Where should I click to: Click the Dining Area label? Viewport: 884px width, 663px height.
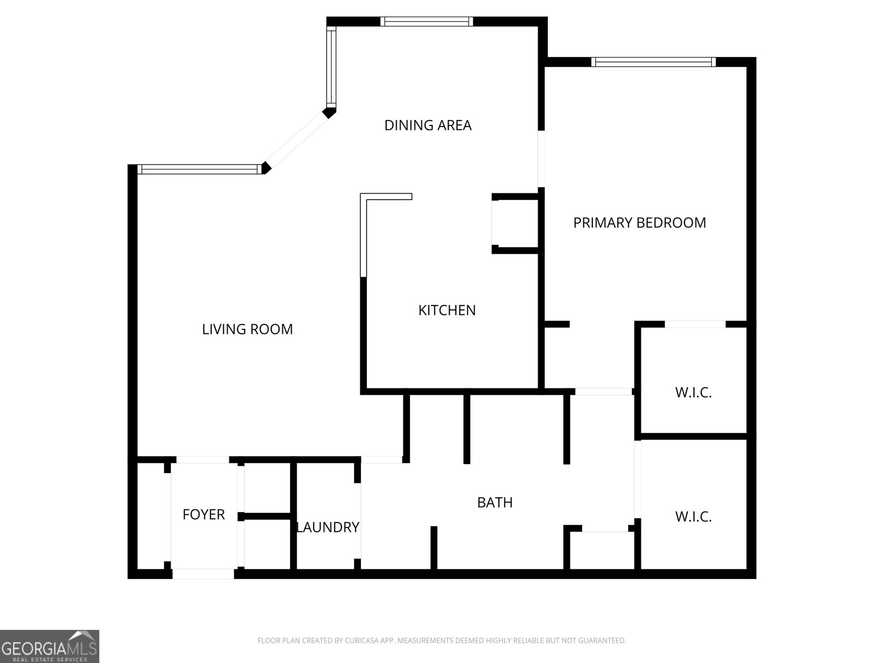point(428,125)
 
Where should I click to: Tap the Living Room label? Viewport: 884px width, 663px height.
point(247,329)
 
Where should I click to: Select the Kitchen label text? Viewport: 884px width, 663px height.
point(446,310)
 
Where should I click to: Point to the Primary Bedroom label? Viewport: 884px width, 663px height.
point(639,223)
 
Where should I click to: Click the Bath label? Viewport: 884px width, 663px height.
point(494,502)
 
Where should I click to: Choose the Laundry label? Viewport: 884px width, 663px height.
point(328,527)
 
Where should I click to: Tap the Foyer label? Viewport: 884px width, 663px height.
point(203,514)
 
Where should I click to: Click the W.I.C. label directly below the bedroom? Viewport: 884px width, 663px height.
point(693,393)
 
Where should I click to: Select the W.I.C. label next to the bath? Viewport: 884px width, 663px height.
point(693,517)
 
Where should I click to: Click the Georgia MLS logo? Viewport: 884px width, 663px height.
point(50,646)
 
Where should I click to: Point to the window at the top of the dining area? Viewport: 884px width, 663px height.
point(427,22)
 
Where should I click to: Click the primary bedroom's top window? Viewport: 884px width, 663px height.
point(653,62)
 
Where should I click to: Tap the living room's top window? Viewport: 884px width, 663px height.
point(199,169)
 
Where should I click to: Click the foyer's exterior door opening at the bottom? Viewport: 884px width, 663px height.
point(203,574)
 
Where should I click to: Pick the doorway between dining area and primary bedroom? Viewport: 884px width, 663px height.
point(541,159)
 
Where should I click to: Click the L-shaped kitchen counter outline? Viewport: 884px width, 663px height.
point(364,232)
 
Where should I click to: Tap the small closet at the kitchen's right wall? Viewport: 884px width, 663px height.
point(515,223)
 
